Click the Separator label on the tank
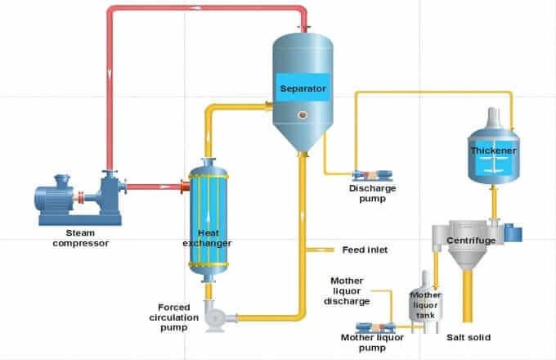tap(303, 88)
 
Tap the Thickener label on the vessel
tap(490, 151)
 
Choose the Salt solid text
tap(469, 337)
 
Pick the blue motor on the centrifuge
tap(513, 232)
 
